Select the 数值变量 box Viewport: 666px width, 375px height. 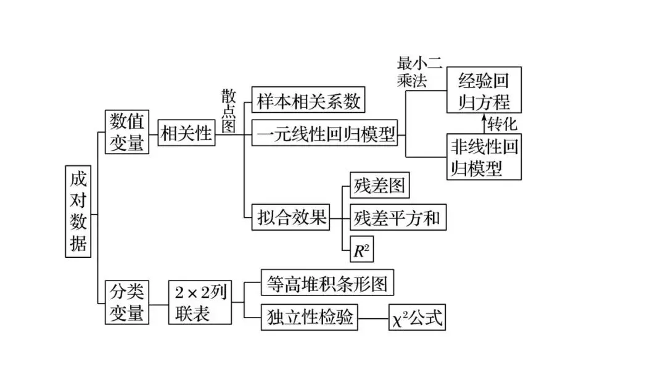coord(127,131)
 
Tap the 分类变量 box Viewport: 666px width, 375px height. coord(127,302)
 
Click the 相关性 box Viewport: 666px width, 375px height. coord(186,132)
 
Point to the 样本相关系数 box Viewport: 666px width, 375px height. coord(309,101)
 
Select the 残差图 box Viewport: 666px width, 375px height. coord(379,184)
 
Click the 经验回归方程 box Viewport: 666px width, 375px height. coord(484,90)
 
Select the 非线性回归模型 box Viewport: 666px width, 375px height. coord(484,157)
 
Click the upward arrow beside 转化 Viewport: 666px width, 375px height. coord(483,123)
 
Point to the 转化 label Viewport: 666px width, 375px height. coord(503,123)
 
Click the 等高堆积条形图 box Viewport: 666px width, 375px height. coord(327,284)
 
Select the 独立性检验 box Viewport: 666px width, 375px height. coord(310,317)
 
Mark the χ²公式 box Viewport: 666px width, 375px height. coord(417,319)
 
